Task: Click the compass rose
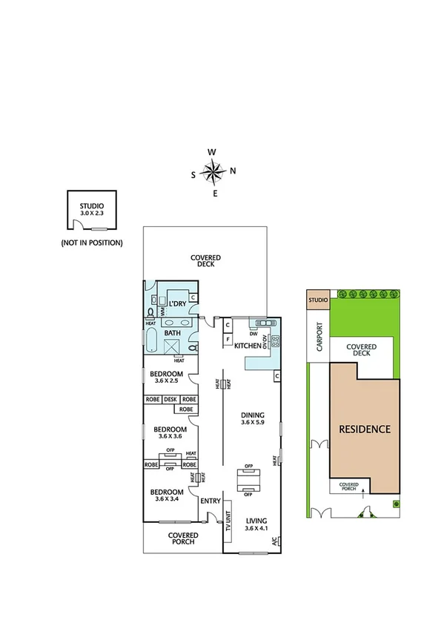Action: point(213,173)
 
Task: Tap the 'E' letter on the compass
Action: point(215,194)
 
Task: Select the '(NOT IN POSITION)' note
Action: point(92,243)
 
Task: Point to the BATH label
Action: point(172,333)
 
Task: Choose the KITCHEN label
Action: point(248,346)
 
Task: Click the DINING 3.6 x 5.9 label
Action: point(253,418)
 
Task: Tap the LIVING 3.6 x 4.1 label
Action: point(256,525)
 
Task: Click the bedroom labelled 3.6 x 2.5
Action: point(166,377)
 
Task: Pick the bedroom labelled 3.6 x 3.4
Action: point(166,495)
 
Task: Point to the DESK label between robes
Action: point(170,399)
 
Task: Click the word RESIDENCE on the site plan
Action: point(364,429)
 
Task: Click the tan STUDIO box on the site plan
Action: point(317,300)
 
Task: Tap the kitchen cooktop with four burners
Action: point(275,342)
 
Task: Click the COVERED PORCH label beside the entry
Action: point(182,539)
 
